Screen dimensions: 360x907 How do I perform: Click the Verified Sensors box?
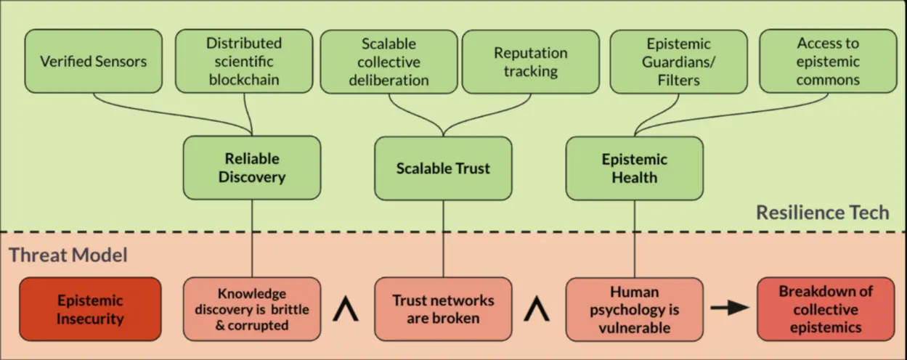pyautogui.click(x=93, y=61)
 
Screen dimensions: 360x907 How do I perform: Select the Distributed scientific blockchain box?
pyautogui.click(x=243, y=61)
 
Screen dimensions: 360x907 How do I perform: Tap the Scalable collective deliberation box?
pyautogui.click(x=389, y=61)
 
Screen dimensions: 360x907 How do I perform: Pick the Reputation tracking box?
pyautogui.click(x=530, y=61)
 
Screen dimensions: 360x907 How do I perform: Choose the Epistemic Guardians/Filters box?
pyautogui.click(x=678, y=61)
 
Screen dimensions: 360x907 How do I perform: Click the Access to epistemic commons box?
pyautogui.click(x=827, y=61)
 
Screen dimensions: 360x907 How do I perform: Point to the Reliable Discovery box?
pyautogui.click(x=252, y=168)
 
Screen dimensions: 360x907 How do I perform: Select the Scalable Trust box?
pyautogui.click(x=443, y=168)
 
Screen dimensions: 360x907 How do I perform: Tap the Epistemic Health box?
pyautogui.click(x=634, y=168)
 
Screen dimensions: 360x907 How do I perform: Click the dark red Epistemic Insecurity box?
pyautogui.click(x=90, y=309)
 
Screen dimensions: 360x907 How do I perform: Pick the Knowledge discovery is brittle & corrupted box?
pyautogui.click(x=252, y=309)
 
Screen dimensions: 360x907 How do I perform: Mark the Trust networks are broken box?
pyautogui.click(x=443, y=309)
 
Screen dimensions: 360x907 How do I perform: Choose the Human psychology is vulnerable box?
pyautogui.click(x=634, y=309)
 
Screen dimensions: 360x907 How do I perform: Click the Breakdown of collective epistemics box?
pyautogui.click(x=826, y=309)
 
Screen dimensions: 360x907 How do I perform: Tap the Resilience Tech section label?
pyautogui.click(x=822, y=213)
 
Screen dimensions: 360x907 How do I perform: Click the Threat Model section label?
pyautogui.click(x=68, y=255)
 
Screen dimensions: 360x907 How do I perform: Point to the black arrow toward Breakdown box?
pyautogui.click(x=730, y=308)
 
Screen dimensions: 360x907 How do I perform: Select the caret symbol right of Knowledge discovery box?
pyautogui.click(x=347, y=310)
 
